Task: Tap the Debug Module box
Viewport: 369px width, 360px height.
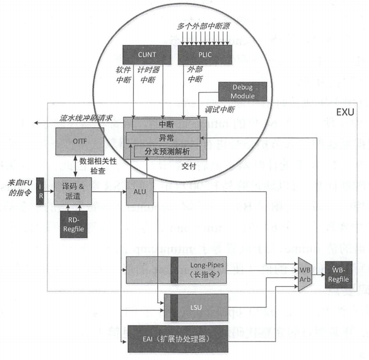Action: (243, 91)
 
